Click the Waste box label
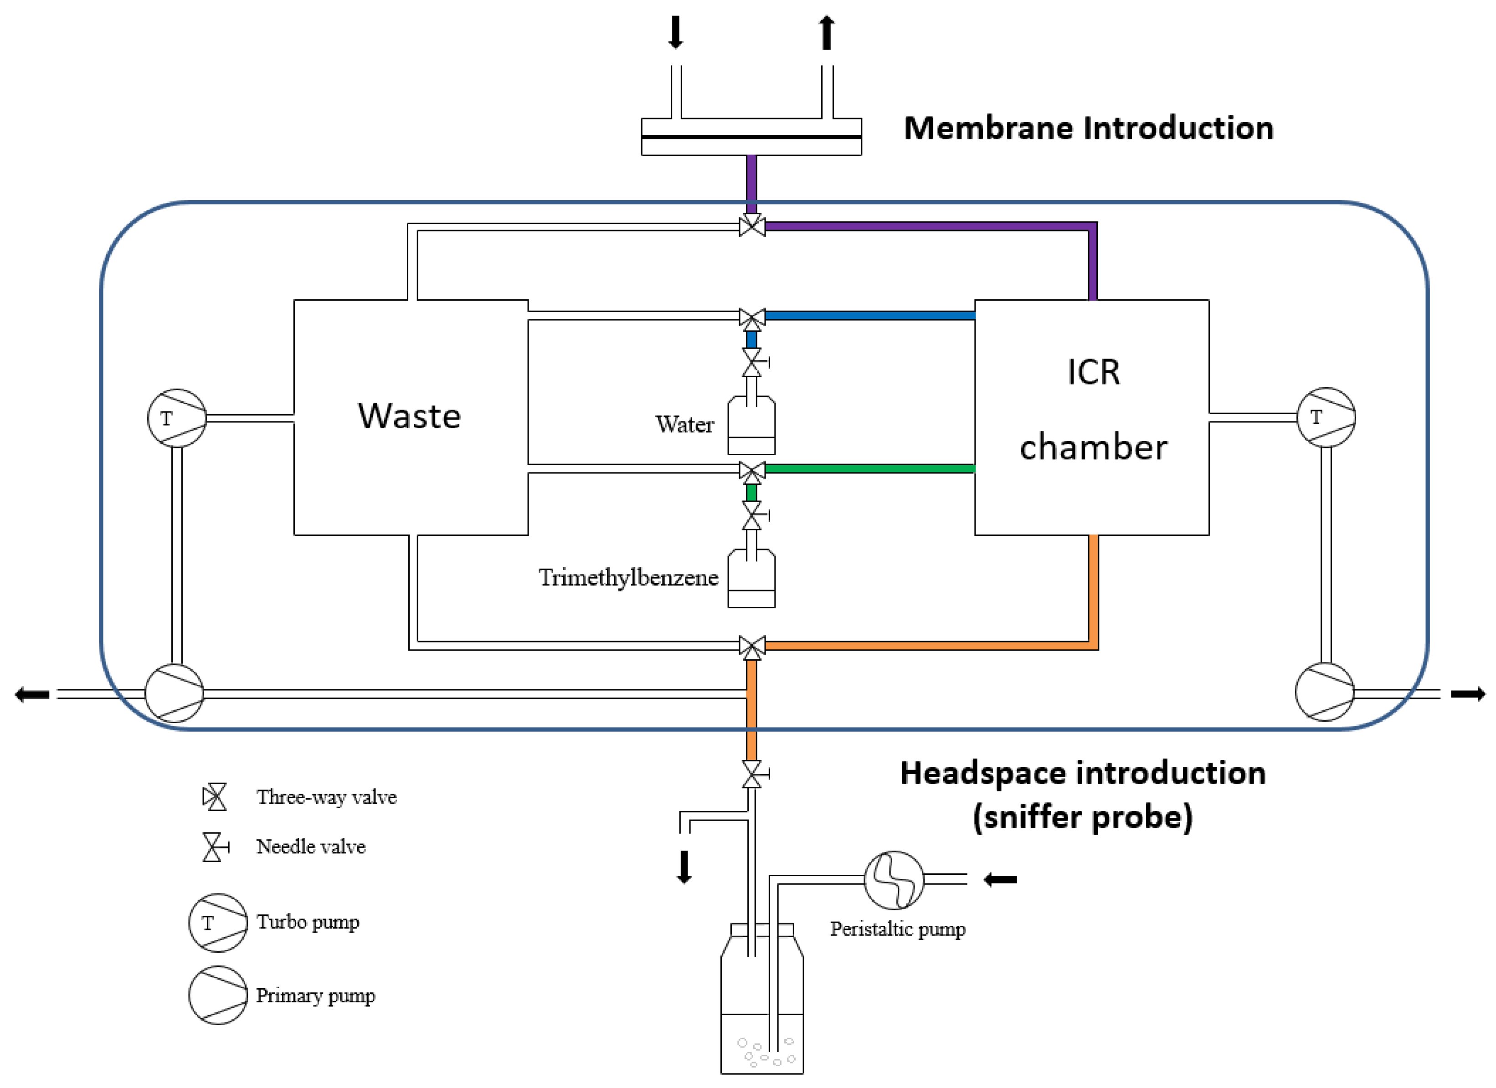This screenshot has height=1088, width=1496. (x=409, y=416)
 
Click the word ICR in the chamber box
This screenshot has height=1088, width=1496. (x=1093, y=373)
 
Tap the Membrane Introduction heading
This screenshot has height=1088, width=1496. (x=1088, y=128)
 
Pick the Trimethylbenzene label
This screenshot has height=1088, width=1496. (x=628, y=578)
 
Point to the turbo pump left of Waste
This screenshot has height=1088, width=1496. (x=177, y=418)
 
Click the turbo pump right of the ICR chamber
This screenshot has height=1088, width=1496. (x=1326, y=417)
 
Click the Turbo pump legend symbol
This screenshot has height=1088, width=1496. (x=218, y=923)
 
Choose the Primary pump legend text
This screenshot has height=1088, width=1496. (x=315, y=996)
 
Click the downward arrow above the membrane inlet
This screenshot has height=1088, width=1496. (x=675, y=31)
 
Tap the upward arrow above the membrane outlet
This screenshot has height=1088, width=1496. (x=827, y=31)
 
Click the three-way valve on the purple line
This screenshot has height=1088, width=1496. (x=752, y=226)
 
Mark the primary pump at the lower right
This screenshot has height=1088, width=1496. (x=1325, y=693)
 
